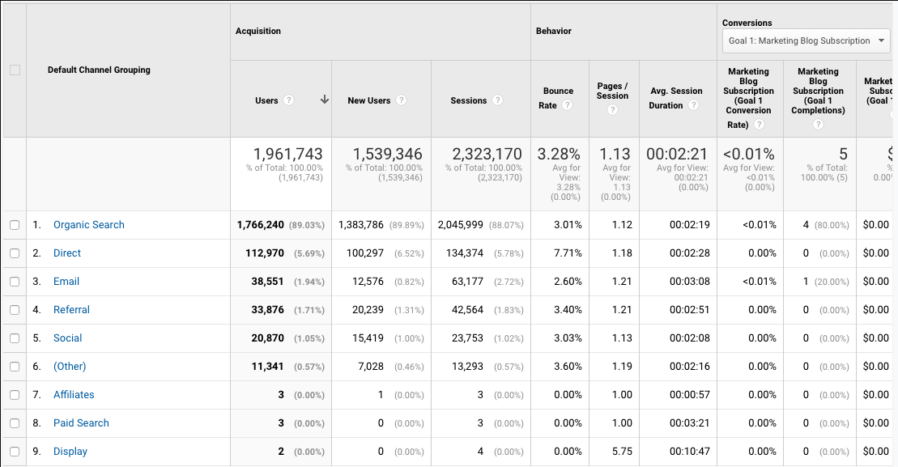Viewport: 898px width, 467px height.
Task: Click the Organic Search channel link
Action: tap(88, 225)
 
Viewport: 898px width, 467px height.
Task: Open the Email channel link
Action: tap(66, 282)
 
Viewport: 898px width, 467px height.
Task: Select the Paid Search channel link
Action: tap(81, 423)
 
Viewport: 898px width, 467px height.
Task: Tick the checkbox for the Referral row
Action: tap(15, 310)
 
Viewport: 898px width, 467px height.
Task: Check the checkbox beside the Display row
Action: tap(15, 452)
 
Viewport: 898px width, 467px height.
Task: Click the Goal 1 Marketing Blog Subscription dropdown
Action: tap(806, 40)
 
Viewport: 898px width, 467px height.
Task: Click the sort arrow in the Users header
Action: tap(325, 100)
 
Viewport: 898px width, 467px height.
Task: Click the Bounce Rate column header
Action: tap(558, 98)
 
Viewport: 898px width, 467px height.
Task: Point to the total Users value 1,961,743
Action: tap(287, 154)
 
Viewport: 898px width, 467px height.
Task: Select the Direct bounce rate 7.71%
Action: tap(568, 253)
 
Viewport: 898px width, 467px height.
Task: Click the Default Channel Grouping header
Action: tap(99, 70)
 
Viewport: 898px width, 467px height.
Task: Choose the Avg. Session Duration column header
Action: tap(675, 98)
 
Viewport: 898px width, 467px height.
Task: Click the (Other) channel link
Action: tap(70, 367)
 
